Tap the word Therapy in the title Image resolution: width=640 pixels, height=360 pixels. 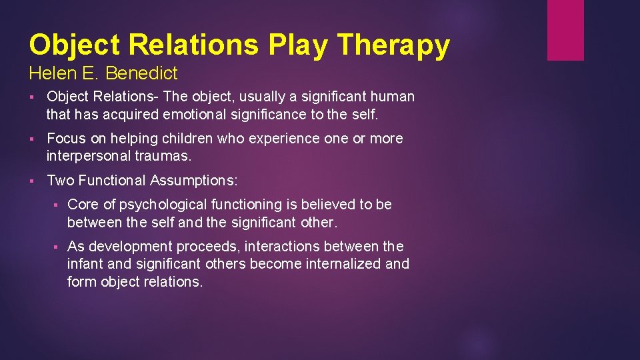coord(393,45)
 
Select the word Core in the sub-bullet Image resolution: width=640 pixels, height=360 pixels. coord(83,205)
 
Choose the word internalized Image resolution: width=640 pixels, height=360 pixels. coord(344,264)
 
